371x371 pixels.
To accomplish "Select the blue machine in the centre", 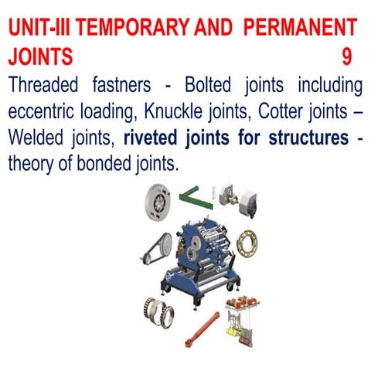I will pyautogui.click(x=197, y=247).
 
